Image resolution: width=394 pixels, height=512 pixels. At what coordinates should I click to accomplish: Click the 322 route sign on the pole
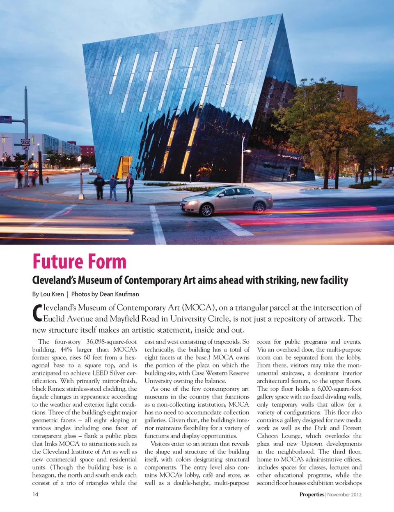[x=25, y=142]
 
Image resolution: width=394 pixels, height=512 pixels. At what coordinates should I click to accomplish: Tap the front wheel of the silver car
[x=206, y=210]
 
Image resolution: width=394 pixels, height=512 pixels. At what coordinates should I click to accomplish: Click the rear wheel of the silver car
[x=259, y=207]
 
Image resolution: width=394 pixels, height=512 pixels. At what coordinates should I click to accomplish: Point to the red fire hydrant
[x=47, y=180]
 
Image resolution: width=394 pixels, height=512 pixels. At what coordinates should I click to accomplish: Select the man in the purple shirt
[x=130, y=187]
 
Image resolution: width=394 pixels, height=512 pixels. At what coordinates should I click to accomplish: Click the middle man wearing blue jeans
[x=113, y=188]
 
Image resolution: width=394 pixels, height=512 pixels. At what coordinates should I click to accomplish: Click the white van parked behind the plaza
[x=93, y=170]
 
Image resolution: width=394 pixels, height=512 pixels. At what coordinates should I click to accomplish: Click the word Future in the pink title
[x=57, y=262]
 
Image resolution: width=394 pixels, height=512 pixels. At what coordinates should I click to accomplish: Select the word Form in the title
[x=106, y=262]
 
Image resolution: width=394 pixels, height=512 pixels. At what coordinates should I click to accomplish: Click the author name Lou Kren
[x=52, y=294]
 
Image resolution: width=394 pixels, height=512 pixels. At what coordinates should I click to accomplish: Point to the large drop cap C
[x=37, y=313]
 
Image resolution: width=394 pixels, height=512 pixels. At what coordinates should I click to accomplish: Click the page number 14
[x=35, y=494]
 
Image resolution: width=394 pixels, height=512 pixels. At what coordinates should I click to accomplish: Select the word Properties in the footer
[x=312, y=494]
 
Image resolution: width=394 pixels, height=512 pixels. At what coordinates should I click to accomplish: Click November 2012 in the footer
[x=344, y=494]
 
